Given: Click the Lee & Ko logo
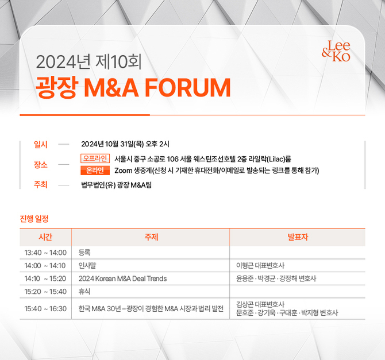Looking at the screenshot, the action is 336,51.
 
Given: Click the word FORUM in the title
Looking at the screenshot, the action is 188,88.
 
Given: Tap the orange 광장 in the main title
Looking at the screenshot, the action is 57,87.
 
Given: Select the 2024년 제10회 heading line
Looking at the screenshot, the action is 88,62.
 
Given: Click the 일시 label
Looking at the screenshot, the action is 41,144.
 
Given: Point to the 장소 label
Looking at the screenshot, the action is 41,164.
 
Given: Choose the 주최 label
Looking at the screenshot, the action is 41,184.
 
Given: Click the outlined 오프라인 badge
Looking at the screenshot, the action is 95,158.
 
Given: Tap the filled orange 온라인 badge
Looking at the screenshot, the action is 95,171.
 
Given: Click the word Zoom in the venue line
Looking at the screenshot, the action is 124,171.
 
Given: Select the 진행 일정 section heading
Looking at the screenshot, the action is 34,219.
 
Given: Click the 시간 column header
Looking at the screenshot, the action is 45,237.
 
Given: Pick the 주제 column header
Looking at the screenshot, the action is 152,237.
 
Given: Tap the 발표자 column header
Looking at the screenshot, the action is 298,237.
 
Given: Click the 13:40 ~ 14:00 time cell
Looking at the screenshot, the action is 45,253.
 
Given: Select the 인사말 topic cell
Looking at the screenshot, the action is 87,265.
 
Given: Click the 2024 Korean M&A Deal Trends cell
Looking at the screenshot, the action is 122,278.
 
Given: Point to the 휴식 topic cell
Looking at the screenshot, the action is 84,292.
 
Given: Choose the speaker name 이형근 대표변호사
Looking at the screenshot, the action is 260,265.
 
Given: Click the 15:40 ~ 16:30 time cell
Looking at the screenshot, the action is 45,308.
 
